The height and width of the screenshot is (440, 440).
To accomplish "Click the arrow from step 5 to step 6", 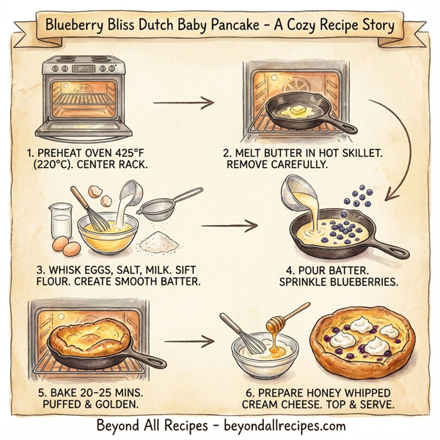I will tap(188, 341).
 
